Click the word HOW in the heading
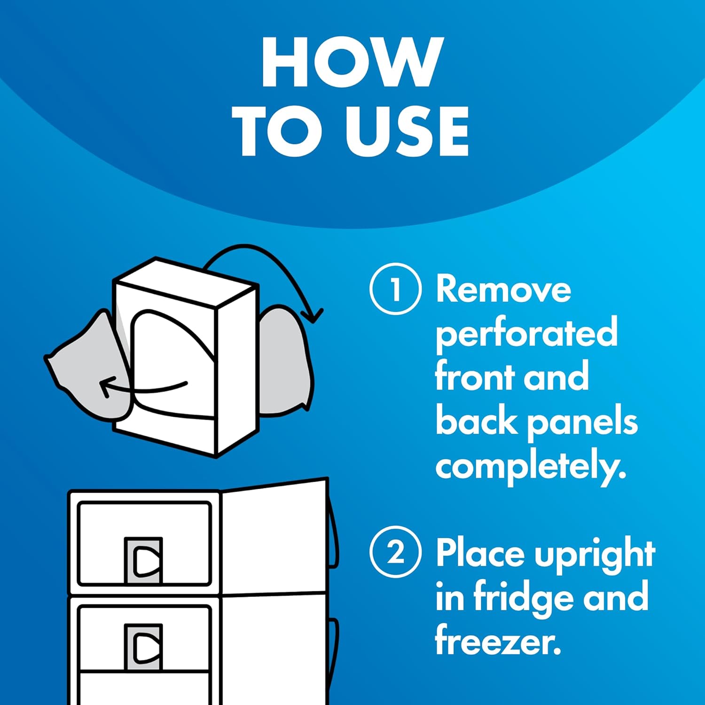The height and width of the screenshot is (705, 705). click(352, 62)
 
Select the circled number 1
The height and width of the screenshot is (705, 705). click(395, 289)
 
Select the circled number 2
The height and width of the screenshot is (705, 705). click(395, 552)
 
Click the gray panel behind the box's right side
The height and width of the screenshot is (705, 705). click(284, 362)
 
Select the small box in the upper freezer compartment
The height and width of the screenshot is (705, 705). click(144, 560)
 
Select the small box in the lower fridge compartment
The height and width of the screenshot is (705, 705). click(144, 647)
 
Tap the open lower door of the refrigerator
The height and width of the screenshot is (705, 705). click(274, 649)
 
